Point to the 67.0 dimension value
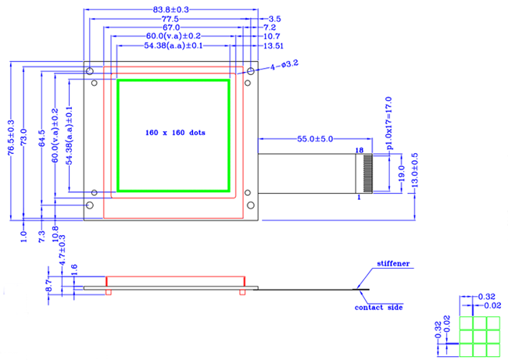pyautogui.click(x=172, y=27)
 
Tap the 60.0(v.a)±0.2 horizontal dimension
pyautogui.click(x=173, y=37)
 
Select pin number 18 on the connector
pyautogui.click(x=360, y=148)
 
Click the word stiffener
pyautogui.click(x=393, y=265)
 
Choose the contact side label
pyautogui.click(x=379, y=308)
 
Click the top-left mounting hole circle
pyautogui.click(x=91, y=71)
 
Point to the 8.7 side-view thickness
pyautogui.click(x=48, y=285)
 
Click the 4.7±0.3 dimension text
pyautogui.click(x=63, y=251)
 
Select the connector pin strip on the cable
pyautogui.click(x=368, y=173)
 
